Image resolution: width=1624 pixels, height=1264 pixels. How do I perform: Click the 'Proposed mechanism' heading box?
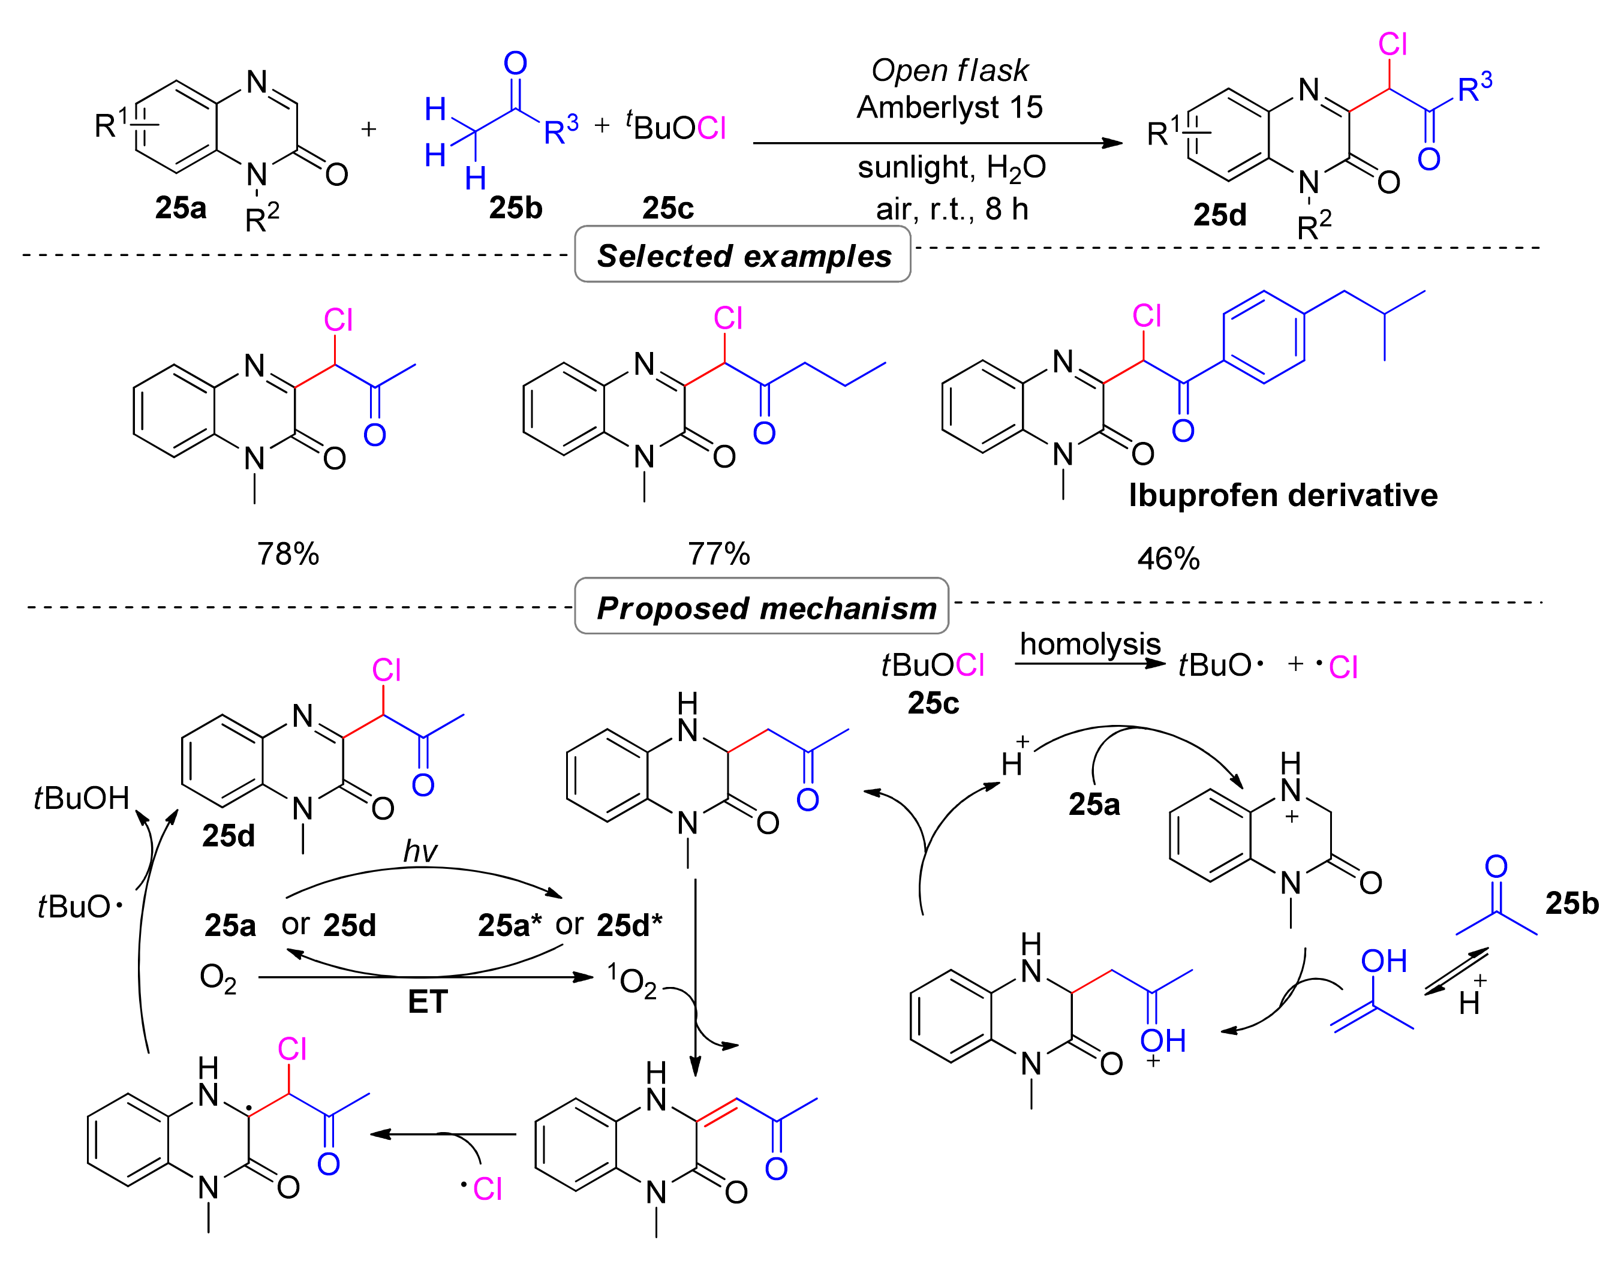(762, 607)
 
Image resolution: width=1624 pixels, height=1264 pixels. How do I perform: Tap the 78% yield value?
(288, 554)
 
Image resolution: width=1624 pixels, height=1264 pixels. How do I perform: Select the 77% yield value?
(718, 554)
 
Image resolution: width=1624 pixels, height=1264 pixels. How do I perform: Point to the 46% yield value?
(1168, 558)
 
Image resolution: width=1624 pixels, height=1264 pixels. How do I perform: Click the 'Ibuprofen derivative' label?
(1283, 495)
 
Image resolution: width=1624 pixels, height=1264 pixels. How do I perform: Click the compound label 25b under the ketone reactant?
(515, 208)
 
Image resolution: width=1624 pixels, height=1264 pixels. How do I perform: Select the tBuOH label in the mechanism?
(82, 798)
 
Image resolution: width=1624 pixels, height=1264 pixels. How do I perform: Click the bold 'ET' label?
(428, 1001)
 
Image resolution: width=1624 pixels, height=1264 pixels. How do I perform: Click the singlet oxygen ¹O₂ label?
(632, 980)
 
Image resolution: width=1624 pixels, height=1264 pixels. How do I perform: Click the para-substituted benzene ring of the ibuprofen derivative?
(1264, 337)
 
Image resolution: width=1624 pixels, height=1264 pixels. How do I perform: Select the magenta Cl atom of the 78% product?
(338, 320)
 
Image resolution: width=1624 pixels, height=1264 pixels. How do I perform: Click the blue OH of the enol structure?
(1383, 961)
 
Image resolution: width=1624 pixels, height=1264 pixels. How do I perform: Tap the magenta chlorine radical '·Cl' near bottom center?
(483, 1189)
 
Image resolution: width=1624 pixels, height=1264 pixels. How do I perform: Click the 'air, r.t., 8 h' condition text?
(952, 210)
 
